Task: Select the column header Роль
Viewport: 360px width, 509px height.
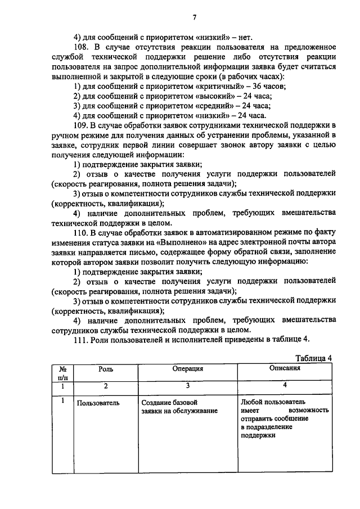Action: pos(106,369)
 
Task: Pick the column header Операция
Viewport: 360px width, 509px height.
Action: pos(187,369)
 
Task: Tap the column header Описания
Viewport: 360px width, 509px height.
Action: pos(285,368)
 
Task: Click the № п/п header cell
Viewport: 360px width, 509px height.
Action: pos(64,373)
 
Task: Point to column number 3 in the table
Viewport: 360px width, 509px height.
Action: pos(187,386)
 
